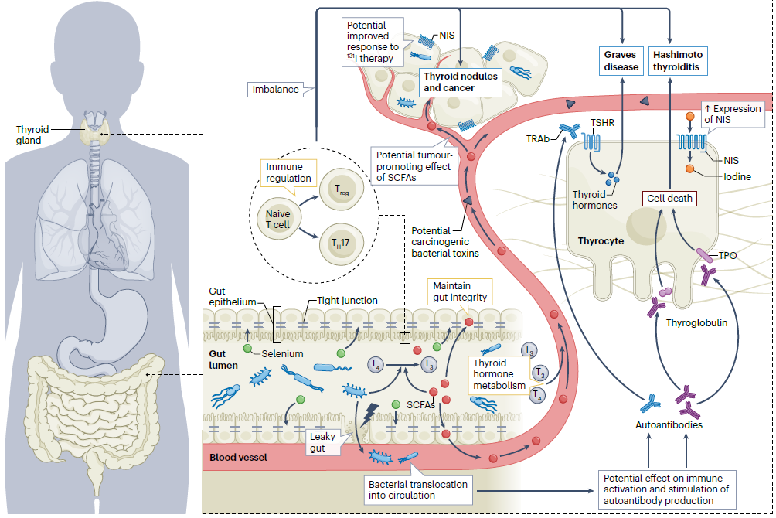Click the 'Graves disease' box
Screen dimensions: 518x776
621,60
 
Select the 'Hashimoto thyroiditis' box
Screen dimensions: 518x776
678,60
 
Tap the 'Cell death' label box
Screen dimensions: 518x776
669,199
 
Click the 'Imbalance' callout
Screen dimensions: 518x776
276,90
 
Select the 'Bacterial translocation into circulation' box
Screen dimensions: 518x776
417,490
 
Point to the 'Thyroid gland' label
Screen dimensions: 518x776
32,135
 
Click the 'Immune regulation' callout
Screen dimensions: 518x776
288,172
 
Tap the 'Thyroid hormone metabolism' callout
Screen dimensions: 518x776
499,374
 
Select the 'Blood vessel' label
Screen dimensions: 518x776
238,458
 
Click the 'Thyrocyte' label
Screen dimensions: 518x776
601,241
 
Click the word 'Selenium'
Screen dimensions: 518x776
282,353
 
